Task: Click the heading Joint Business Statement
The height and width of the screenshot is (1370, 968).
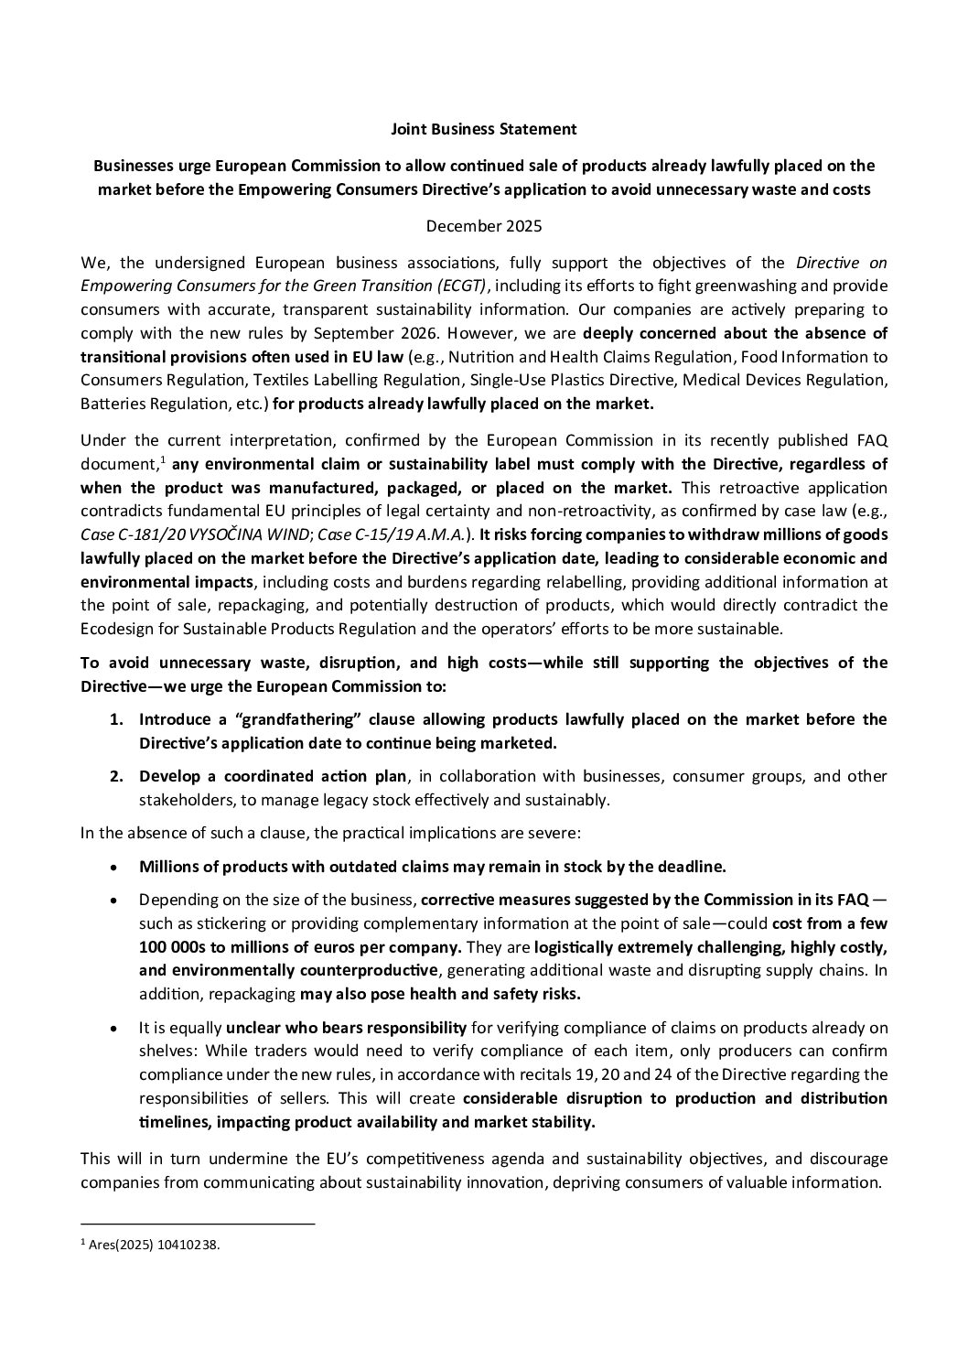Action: tap(483, 129)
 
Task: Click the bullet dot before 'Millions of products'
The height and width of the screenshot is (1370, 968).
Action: tap(113, 867)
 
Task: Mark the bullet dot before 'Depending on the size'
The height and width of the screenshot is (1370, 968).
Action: tap(113, 901)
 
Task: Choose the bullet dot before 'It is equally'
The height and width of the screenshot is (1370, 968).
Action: tap(113, 1029)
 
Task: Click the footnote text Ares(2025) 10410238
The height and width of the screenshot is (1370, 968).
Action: tap(155, 1245)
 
